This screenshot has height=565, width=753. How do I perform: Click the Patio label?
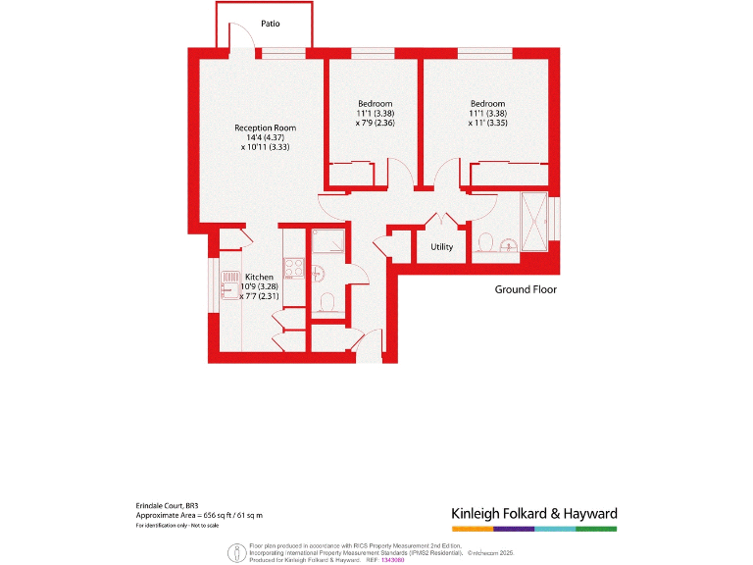(x=271, y=24)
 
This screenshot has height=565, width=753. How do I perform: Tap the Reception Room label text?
(x=265, y=128)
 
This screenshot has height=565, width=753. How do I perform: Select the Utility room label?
(x=442, y=246)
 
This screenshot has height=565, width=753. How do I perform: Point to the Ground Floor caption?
(x=526, y=289)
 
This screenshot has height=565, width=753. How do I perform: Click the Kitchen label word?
(x=259, y=277)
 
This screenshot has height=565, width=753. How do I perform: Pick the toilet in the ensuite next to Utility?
(x=484, y=239)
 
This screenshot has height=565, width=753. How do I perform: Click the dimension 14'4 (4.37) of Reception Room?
(x=265, y=137)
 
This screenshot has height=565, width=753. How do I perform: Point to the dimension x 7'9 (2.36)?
(x=375, y=123)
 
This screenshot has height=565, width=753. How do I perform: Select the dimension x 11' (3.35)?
(x=487, y=123)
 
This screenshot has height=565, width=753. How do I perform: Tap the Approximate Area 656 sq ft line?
(x=199, y=515)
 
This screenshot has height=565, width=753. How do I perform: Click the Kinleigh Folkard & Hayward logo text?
(x=534, y=513)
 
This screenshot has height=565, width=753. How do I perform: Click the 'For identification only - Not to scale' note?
(x=177, y=526)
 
